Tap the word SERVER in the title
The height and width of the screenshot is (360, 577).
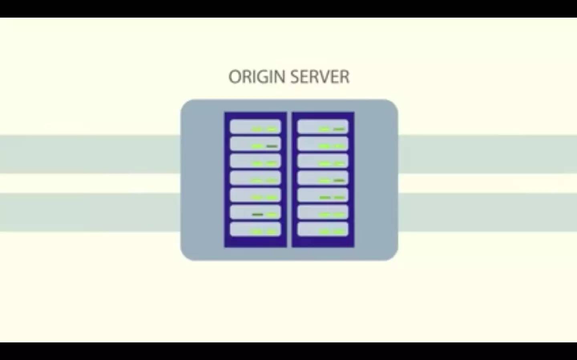[x=320, y=77]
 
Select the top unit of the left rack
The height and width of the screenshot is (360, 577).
[x=255, y=126]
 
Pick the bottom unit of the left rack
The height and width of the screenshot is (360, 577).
[x=255, y=229]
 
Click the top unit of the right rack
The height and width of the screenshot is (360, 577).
[x=323, y=126]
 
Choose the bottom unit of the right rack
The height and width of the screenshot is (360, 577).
[x=323, y=229]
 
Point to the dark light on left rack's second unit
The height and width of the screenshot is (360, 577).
[x=272, y=146]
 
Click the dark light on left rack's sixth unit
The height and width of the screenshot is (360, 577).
[x=257, y=214]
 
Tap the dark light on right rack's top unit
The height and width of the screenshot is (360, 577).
[x=339, y=129]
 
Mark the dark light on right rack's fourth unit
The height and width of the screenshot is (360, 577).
[x=339, y=180]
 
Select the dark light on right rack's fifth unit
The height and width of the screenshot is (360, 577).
[x=325, y=198]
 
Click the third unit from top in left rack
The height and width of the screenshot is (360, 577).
[x=255, y=161]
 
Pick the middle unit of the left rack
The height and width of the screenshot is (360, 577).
[x=255, y=178]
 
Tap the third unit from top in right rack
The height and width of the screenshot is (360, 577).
[x=323, y=161]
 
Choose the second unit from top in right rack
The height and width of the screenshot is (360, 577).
[x=323, y=144]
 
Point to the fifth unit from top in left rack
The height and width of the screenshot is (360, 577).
[x=255, y=195]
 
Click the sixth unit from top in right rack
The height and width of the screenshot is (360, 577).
[x=323, y=212]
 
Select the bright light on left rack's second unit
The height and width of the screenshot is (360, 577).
[x=257, y=146]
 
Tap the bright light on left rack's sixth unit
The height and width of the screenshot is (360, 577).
[x=272, y=214]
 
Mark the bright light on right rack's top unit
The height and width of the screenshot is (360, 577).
[x=325, y=129]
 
